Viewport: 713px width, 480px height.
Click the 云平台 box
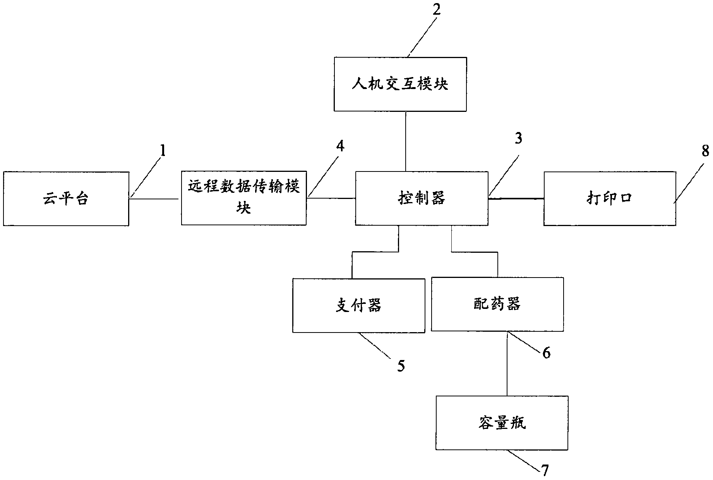coord(66,199)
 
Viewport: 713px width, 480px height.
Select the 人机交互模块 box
coord(400,84)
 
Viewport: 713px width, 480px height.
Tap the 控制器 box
coord(422,198)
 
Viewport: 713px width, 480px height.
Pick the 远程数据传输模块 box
coord(244,198)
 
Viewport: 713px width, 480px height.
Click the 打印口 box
coord(610,199)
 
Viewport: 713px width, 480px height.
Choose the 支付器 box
coord(358,305)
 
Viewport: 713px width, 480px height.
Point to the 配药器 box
coord(497,304)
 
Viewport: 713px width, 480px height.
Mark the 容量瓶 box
coord(502,423)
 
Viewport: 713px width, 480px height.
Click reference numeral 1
coord(163,151)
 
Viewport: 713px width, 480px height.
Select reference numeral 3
coord(518,138)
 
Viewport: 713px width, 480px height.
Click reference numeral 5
coord(401,365)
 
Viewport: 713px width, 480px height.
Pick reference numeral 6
coord(546,353)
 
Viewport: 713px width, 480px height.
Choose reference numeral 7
coord(545,470)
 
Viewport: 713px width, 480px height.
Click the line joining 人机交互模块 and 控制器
coord(405,141)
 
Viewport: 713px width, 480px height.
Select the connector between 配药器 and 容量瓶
coord(507,364)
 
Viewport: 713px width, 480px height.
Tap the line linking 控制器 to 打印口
coord(516,199)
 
